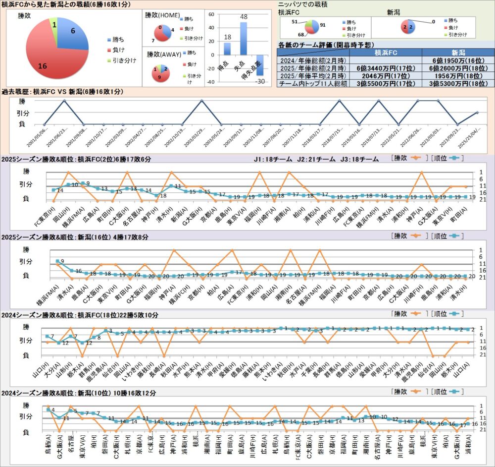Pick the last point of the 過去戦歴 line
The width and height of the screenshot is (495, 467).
pos(477,113)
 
